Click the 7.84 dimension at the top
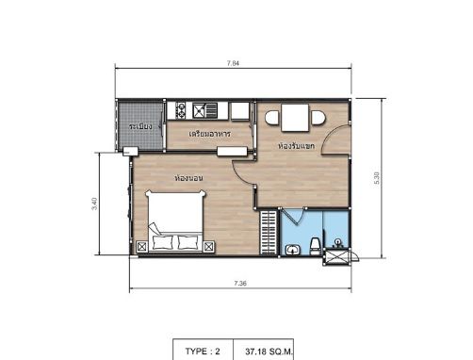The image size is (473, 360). pos(233,63)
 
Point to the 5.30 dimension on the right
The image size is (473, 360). pos(376,176)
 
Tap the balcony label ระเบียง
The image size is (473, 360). pos(140,126)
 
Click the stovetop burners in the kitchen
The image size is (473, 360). pos(177,111)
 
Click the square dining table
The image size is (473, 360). pos(293,119)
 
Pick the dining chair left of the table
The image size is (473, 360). pos(271,119)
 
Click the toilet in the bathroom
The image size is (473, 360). pos(294,248)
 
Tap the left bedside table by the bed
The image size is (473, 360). pos(141,247)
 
